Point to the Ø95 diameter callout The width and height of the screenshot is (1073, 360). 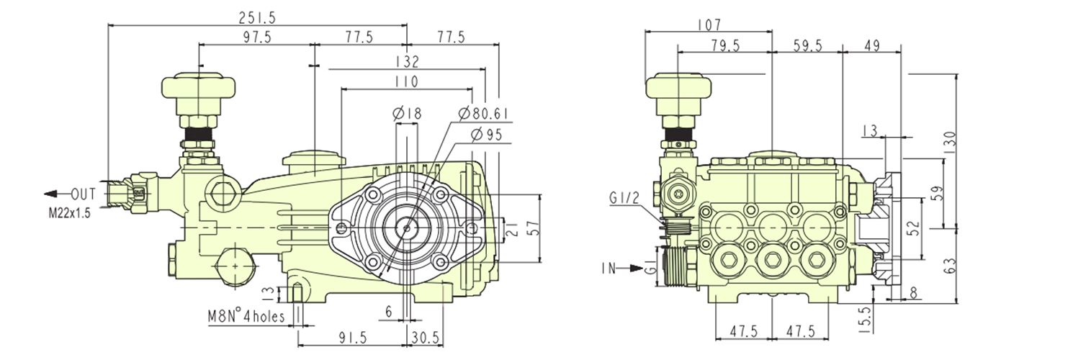point(484,135)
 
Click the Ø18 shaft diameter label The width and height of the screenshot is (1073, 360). point(407,112)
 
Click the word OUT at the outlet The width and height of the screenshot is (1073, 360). point(84,194)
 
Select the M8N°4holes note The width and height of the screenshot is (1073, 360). point(246,316)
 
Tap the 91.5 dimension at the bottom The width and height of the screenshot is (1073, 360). point(351,337)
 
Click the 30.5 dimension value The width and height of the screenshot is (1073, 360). point(426,337)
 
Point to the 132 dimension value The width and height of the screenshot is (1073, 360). point(407,62)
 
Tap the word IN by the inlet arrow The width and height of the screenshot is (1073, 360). point(609,268)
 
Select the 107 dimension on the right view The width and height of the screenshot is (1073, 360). point(709,24)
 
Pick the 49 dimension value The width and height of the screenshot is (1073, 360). point(871,46)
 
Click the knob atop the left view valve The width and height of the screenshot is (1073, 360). point(198,87)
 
